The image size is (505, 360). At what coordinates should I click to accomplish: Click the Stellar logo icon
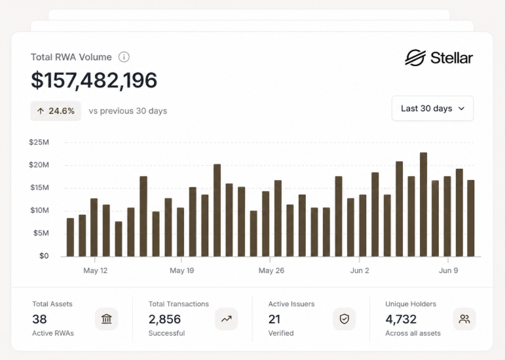[415, 58]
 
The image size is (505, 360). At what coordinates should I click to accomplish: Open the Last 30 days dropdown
[432, 109]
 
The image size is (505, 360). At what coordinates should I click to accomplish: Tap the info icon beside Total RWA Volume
[124, 57]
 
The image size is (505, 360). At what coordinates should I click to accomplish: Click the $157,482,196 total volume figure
[94, 80]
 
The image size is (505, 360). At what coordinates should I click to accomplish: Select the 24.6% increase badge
[56, 111]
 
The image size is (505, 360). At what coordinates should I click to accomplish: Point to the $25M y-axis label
[39, 142]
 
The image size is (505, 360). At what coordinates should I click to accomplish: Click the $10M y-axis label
[39, 210]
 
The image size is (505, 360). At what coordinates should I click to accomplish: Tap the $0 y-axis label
[44, 256]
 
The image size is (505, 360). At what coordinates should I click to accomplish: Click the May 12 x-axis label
[96, 270]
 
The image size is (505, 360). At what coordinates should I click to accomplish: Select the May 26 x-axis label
[272, 270]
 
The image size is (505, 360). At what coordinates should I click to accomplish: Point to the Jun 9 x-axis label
[448, 270]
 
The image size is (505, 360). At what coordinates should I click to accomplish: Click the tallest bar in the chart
[424, 205]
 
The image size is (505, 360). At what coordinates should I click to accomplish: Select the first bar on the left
[70, 238]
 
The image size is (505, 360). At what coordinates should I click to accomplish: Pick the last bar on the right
[471, 219]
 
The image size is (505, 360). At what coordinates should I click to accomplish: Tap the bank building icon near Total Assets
[107, 319]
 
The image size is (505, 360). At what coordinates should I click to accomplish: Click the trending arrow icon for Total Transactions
[227, 319]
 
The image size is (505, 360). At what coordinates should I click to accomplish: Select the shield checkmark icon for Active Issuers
[345, 319]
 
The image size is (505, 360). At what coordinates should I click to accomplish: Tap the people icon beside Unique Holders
[464, 319]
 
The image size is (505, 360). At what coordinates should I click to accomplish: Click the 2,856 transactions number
[164, 319]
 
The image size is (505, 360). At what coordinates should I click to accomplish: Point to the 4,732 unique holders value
[401, 319]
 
